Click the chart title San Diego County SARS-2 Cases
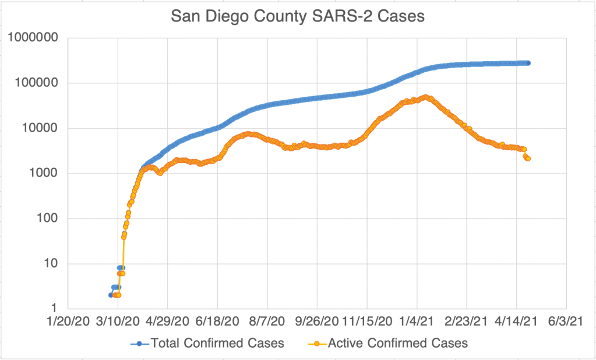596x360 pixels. (x=297, y=17)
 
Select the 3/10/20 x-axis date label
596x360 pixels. (x=118, y=322)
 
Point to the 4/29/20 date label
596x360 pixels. (x=168, y=322)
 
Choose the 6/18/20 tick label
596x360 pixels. (x=217, y=322)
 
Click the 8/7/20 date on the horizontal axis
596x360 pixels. (x=267, y=322)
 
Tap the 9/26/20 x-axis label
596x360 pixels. (x=317, y=322)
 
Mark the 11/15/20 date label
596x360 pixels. (x=367, y=322)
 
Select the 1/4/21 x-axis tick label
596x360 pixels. (x=417, y=322)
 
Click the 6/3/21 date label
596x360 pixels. (x=566, y=322)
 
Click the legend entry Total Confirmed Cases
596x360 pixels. (x=217, y=343)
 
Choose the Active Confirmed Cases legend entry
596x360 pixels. (x=397, y=343)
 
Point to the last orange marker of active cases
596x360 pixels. (x=528, y=158)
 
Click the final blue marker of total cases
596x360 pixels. (x=528, y=63)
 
